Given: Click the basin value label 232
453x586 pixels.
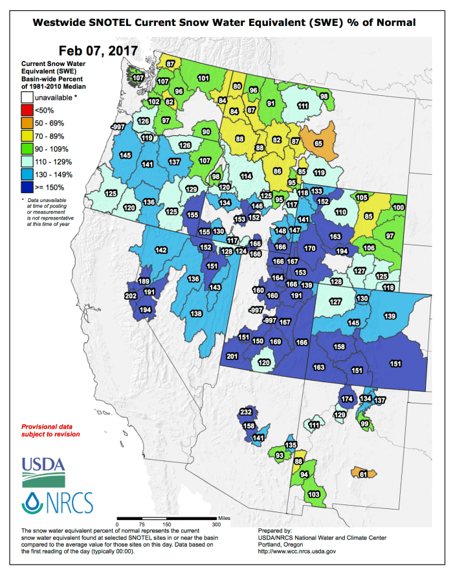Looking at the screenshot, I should (x=246, y=412).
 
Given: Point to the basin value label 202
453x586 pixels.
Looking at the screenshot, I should (x=131, y=296).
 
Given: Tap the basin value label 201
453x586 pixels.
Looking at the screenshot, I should (x=233, y=356).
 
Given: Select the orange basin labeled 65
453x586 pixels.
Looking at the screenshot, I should (x=318, y=144).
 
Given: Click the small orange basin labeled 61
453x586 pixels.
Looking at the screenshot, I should (x=363, y=475).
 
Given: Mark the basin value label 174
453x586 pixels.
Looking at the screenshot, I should (x=347, y=398).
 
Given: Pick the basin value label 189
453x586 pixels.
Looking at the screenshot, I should (x=144, y=281).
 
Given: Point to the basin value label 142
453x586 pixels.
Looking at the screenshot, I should (x=160, y=250).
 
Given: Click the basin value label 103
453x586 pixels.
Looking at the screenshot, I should (x=314, y=494).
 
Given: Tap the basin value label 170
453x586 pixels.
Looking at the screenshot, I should (x=310, y=248).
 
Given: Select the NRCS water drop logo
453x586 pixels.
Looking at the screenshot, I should (x=31, y=502).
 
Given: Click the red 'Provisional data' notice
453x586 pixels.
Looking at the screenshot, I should (x=51, y=431).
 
